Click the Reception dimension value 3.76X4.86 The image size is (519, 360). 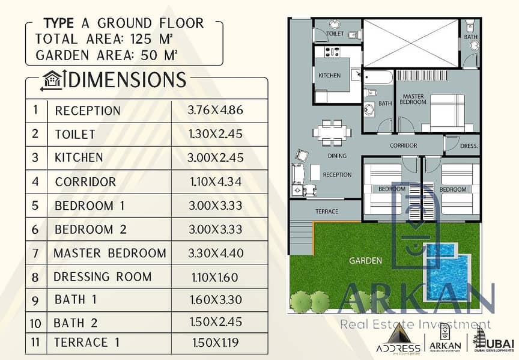[x=215, y=110]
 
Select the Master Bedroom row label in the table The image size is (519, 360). [x=110, y=254]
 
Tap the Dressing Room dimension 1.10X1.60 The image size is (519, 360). [x=215, y=278]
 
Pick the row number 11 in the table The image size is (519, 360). [x=35, y=342]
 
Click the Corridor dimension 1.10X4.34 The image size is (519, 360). [x=216, y=182]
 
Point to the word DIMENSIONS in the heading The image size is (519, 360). [x=127, y=80]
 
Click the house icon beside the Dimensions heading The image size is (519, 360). [x=53, y=80]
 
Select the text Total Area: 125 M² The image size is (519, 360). [x=104, y=39]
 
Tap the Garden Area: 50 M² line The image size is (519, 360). [x=106, y=55]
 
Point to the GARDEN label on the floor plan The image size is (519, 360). [x=365, y=261]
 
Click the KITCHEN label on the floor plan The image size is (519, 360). [x=329, y=76]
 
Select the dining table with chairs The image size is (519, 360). [x=332, y=132]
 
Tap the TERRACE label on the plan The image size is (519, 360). [x=327, y=212]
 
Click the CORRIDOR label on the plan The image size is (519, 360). [x=403, y=145]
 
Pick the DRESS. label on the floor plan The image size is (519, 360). [x=469, y=145]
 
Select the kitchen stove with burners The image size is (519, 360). [x=332, y=52]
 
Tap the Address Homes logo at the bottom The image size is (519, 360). [x=398, y=338]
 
